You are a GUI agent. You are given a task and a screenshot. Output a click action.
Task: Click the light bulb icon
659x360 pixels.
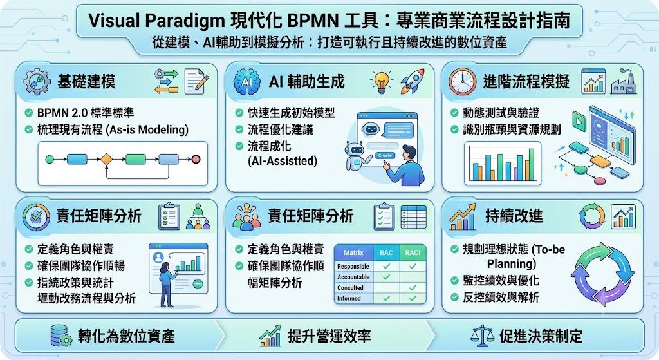381,81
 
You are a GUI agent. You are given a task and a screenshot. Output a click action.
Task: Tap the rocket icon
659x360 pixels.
412,81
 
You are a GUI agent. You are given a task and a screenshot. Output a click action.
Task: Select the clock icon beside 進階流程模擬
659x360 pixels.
462,81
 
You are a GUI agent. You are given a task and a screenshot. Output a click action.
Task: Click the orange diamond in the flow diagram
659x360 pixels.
106,160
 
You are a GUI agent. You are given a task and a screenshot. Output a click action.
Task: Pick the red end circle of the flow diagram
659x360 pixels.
196,160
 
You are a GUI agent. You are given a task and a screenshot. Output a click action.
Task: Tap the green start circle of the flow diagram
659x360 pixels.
50,160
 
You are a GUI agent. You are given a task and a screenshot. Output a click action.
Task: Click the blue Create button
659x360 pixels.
385,156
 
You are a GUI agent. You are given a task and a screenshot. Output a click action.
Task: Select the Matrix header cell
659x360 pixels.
353,252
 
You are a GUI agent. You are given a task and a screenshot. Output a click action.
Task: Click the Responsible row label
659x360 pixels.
353,266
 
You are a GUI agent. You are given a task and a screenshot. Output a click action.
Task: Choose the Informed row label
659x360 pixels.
349,298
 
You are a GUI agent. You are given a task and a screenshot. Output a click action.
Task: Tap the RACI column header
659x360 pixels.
413,252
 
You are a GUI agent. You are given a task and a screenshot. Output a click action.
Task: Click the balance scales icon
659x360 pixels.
482,336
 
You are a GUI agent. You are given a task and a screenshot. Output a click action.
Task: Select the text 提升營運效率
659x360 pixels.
329,336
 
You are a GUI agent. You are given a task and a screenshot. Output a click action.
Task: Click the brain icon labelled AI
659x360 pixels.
246,82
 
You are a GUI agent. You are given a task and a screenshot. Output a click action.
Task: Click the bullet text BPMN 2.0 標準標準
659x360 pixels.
86,113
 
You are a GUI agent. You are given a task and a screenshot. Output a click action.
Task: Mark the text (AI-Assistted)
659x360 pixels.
283,160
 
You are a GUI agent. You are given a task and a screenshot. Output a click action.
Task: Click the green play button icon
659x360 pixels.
579,121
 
